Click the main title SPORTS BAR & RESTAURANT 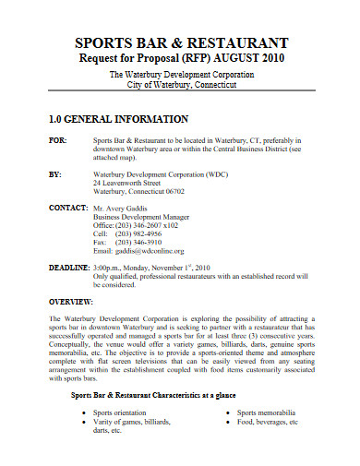(180, 43)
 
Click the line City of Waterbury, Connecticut (180, 83)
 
